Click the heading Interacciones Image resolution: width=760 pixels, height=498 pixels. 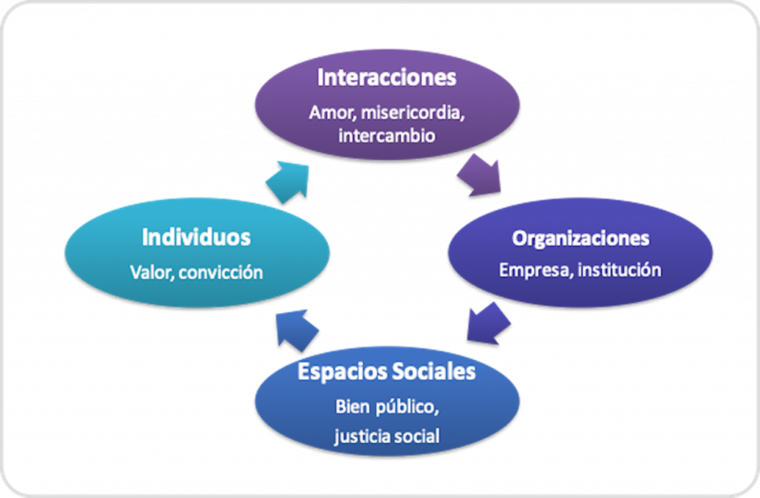pyautogui.click(x=386, y=78)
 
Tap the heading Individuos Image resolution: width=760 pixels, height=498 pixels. pyautogui.click(x=196, y=237)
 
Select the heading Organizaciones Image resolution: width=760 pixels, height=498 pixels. pyautogui.click(x=580, y=238)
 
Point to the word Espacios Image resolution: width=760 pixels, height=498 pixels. pyautogui.click(x=340, y=371)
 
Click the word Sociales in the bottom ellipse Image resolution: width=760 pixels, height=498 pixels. pyautogui.click(x=432, y=371)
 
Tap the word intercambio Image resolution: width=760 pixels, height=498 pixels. pyautogui.click(x=386, y=137)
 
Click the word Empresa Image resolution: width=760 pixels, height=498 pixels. pyautogui.click(x=533, y=269)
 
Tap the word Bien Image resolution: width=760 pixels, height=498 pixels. pyautogui.click(x=353, y=407)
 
